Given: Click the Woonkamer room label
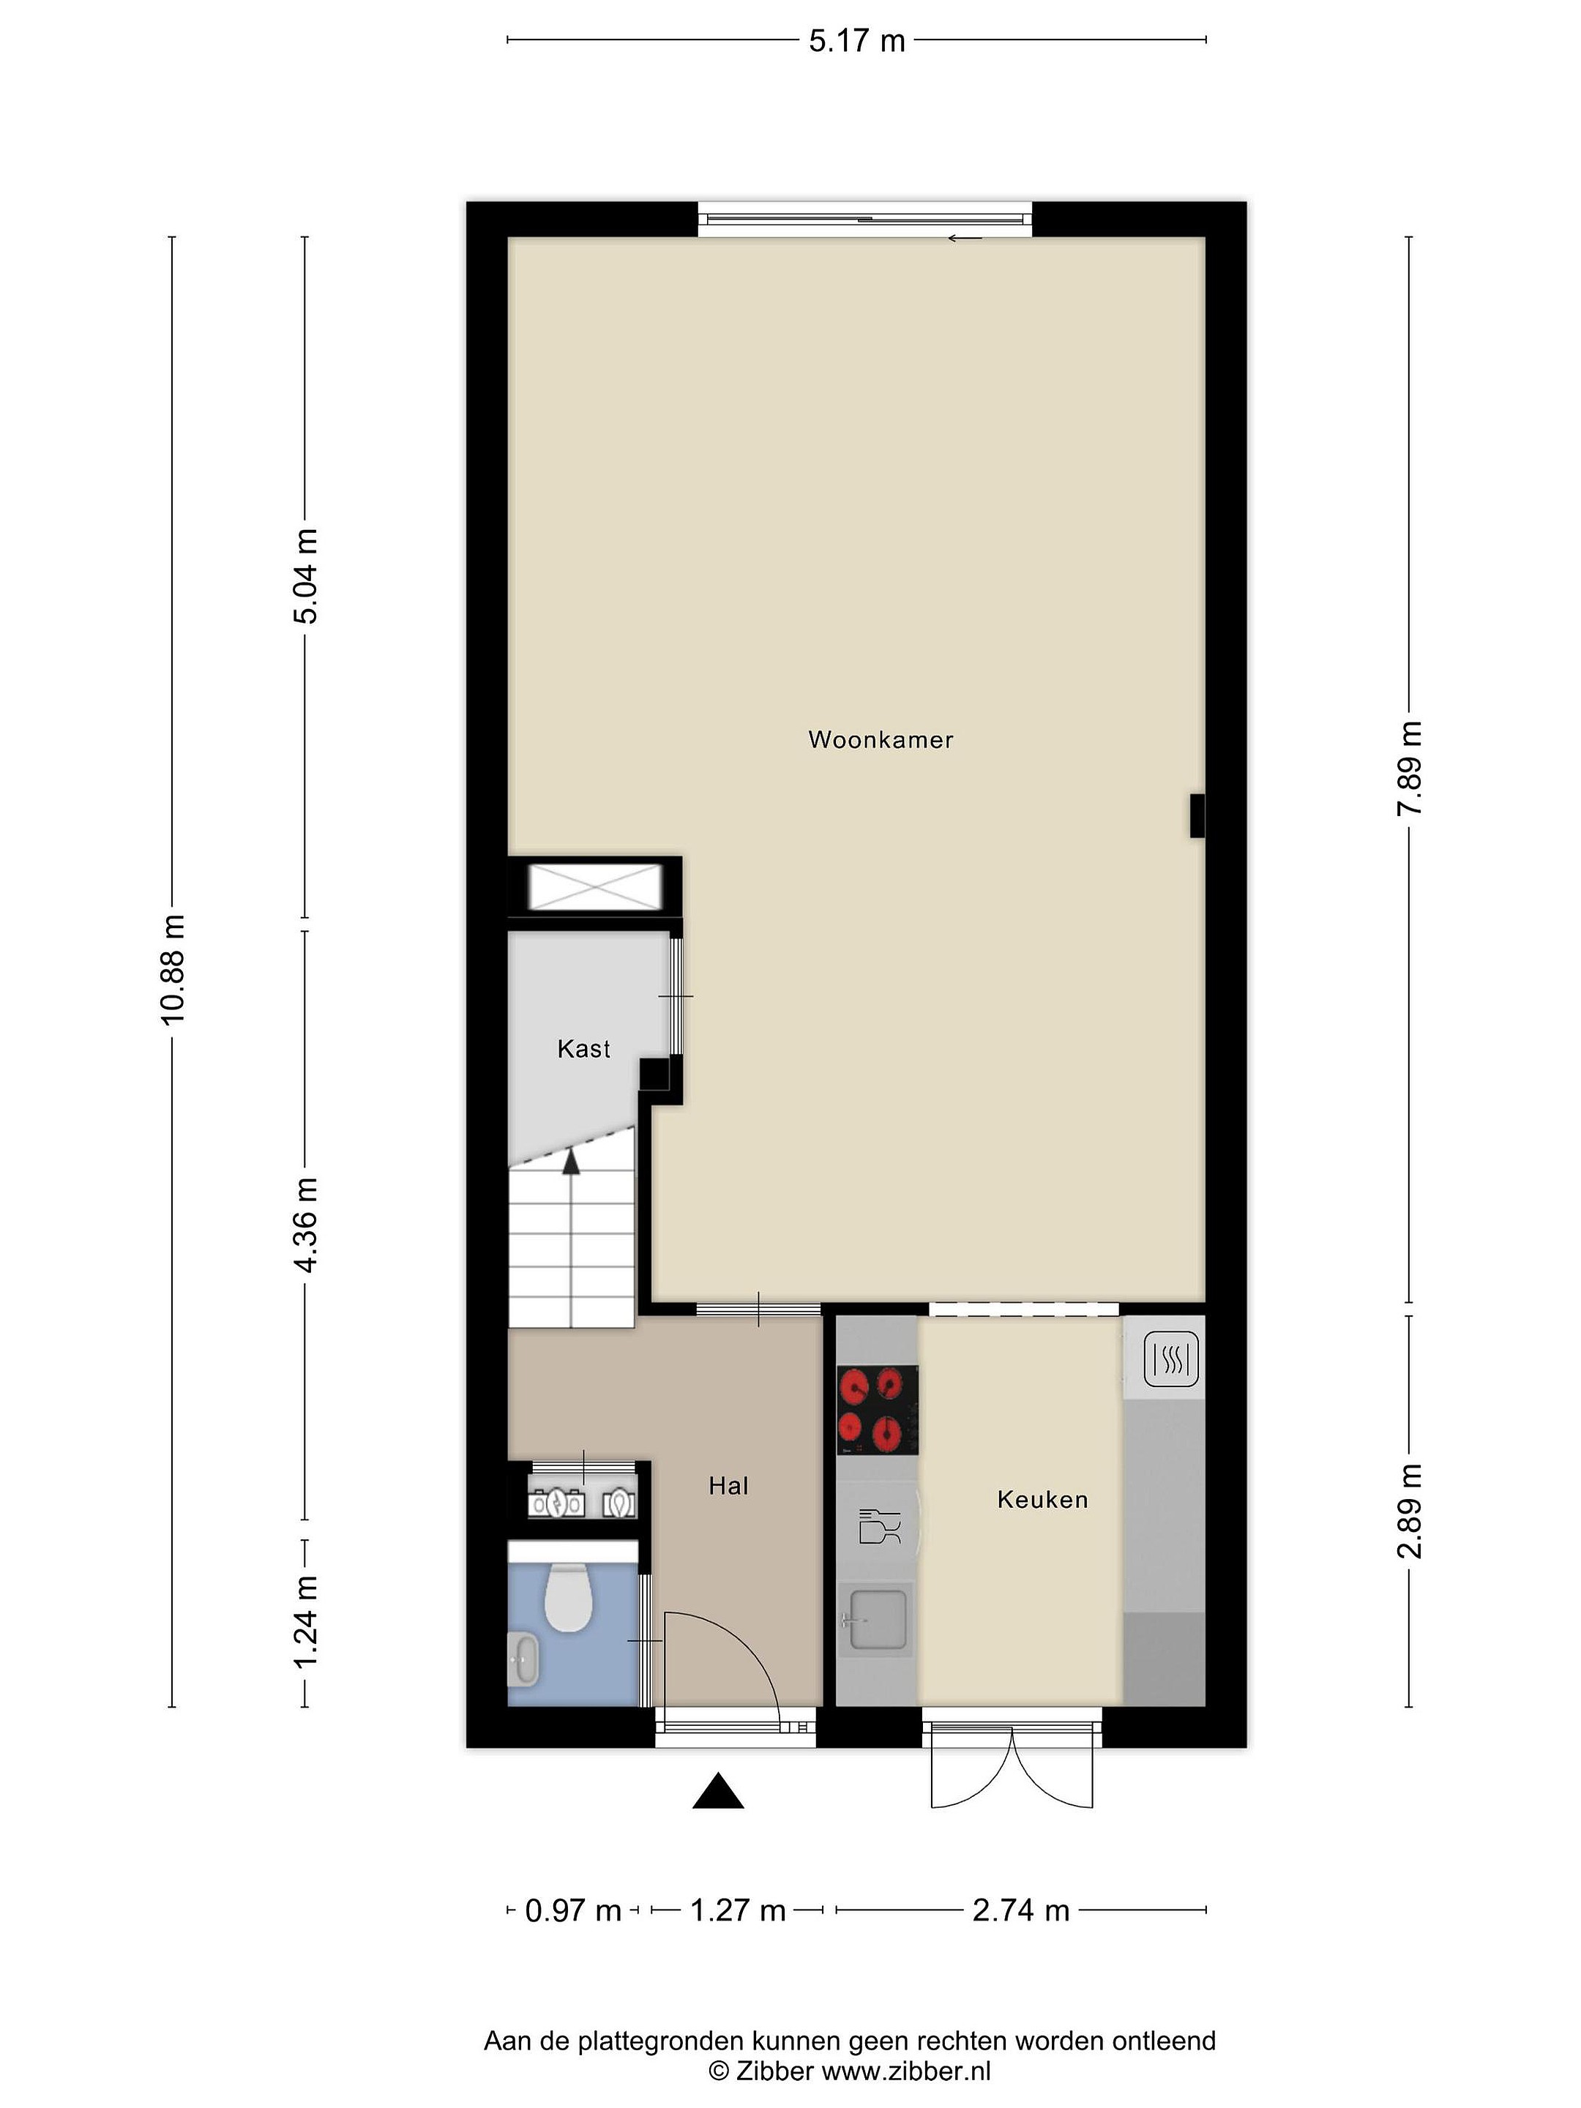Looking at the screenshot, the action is tap(880, 741).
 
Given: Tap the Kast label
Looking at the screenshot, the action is tap(583, 1049).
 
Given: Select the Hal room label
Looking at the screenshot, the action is tap(728, 1486).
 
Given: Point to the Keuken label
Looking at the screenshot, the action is tap(1042, 1499).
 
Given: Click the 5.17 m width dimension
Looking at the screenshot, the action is tap(856, 41).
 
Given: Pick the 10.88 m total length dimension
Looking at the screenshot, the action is tap(173, 969).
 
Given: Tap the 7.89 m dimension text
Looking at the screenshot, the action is tap(1408, 768).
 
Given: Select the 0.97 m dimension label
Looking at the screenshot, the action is tap(572, 1910).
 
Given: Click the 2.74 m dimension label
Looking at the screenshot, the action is tap(1020, 1910).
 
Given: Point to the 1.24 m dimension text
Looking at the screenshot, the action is tap(306, 1622).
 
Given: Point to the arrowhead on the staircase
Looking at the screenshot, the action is tap(571, 1161).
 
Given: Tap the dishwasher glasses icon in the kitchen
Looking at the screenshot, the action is tap(878, 1525).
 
